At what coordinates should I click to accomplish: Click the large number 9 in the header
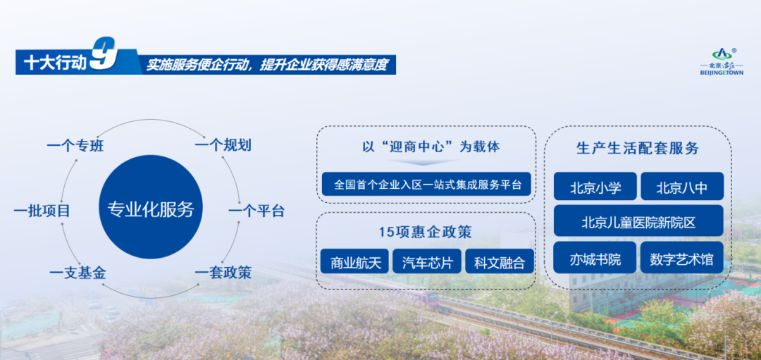point(104,54)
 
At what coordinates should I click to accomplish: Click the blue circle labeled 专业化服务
point(151,207)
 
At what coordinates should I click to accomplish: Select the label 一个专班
point(75,146)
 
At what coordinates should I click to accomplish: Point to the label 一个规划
point(223,145)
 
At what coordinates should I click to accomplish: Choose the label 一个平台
point(256,211)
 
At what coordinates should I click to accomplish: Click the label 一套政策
point(223,273)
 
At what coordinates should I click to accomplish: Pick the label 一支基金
point(78,273)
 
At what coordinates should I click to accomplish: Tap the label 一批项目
point(42,211)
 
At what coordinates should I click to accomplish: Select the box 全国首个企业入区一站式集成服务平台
point(426,185)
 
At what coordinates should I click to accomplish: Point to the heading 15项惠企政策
point(426,232)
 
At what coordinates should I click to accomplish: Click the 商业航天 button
point(354,261)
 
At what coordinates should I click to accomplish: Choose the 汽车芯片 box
point(427,261)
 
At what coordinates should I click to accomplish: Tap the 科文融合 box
point(500,261)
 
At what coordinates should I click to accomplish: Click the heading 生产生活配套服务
point(638,148)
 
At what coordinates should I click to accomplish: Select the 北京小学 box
point(595,186)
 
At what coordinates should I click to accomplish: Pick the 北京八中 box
point(682,186)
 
